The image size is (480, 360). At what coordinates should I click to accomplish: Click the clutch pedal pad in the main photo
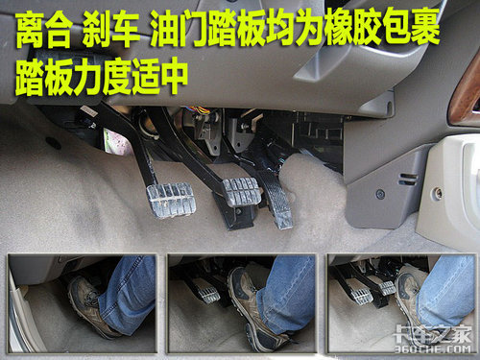point(171,200)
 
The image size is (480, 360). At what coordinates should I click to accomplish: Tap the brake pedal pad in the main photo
point(242,191)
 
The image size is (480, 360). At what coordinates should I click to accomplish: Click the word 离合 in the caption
point(44,30)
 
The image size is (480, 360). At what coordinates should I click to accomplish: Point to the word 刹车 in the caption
point(111,30)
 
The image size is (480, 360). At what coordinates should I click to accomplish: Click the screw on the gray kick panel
point(380,194)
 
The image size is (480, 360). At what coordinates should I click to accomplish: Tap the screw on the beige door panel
point(438,193)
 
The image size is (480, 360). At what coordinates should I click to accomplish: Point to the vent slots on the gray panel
point(408,180)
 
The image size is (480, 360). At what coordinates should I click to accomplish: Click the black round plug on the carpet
point(53,143)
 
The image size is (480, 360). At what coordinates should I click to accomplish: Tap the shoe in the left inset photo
point(92,307)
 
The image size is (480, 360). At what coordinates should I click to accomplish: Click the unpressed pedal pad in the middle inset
point(208,295)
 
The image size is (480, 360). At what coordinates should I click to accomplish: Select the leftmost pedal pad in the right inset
point(361,296)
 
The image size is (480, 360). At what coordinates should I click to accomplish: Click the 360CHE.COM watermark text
point(432,348)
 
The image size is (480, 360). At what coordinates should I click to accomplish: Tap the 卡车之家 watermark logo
point(433,333)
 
